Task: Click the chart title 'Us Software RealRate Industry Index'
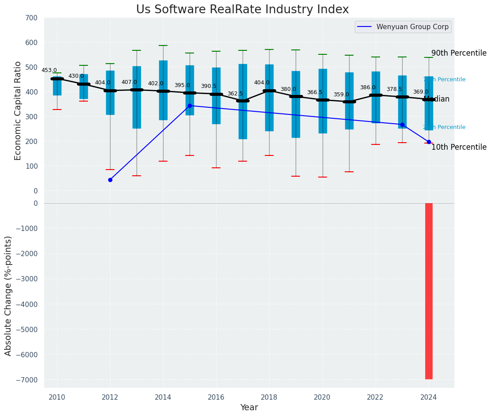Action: click(242, 10)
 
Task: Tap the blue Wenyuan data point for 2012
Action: click(110, 180)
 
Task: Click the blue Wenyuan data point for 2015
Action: click(190, 106)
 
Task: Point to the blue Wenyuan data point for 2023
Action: click(402, 125)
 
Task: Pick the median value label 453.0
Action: click(49, 70)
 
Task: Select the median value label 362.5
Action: click(235, 94)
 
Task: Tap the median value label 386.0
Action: click(368, 87)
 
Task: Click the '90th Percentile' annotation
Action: click(459, 53)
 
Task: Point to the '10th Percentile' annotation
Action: click(459, 147)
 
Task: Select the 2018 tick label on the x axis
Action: click(269, 397)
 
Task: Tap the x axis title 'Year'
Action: click(249, 408)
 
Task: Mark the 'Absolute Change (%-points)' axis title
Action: click(8, 295)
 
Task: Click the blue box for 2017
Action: click(243, 115)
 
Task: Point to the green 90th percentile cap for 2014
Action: click(163, 45)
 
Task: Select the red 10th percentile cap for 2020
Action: click(323, 177)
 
